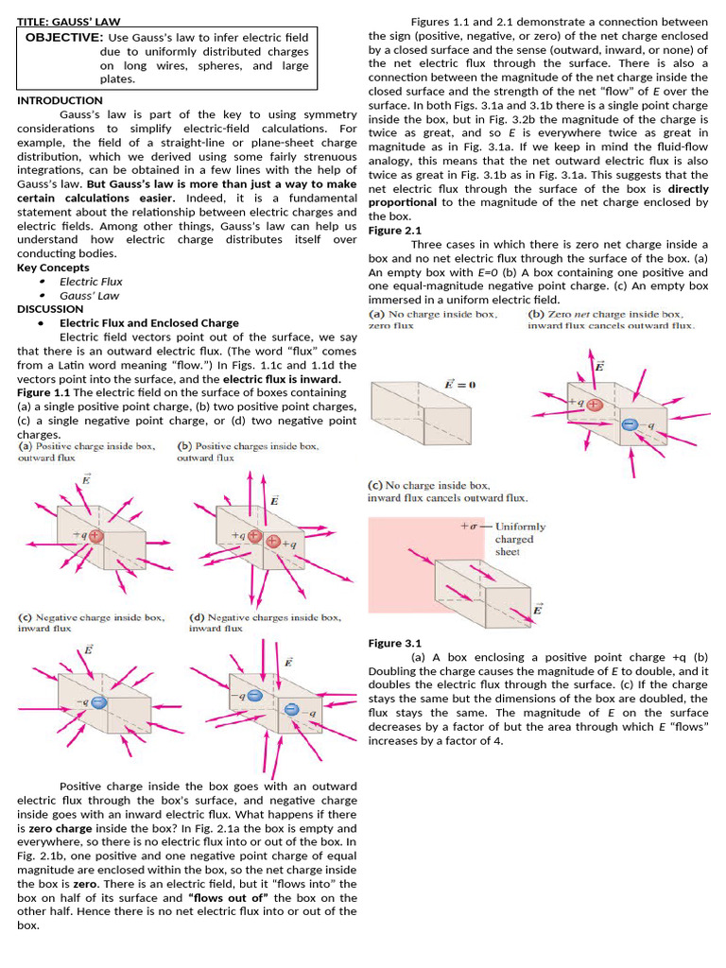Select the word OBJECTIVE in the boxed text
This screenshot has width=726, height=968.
63,37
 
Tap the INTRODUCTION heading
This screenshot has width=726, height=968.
60,100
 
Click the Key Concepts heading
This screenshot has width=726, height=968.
53,268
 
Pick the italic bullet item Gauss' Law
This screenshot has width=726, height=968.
90,295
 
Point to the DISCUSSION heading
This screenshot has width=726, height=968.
50,309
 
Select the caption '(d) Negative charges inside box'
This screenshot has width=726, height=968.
265,617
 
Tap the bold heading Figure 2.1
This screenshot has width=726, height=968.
395,231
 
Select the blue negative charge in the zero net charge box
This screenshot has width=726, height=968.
630,425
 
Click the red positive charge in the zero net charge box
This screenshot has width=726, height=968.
594,404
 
